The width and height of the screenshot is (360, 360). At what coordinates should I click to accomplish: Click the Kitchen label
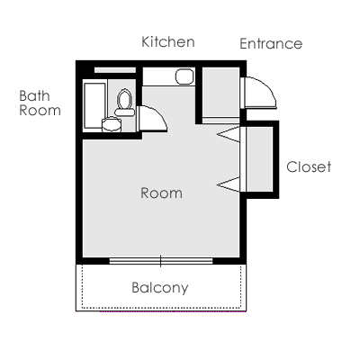(x=168, y=41)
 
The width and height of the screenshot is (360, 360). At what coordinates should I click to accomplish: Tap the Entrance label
(x=271, y=43)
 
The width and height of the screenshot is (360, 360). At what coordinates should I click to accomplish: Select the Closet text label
(x=309, y=166)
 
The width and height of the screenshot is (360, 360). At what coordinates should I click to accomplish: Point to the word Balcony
(x=160, y=287)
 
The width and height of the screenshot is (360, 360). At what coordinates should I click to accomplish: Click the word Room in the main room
(x=161, y=193)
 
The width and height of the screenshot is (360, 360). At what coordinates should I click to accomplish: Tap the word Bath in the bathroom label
(x=34, y=96)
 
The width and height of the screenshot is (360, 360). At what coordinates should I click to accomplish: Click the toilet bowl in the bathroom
(x=124, y=99)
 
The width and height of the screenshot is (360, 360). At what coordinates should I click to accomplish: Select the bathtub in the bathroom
(x=94, y=105)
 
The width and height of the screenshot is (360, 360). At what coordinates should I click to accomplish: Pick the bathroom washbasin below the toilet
(x=112, y=124)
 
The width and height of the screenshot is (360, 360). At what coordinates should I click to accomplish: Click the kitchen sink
(x=184, y=76)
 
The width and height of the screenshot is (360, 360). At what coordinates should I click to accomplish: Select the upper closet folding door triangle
(x=229, y=134)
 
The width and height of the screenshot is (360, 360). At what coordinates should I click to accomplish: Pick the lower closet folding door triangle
(x=229, y=184)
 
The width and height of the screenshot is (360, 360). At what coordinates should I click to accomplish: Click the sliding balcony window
(x=161, y=261)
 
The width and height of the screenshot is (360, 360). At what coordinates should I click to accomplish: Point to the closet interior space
(x=259, y=159)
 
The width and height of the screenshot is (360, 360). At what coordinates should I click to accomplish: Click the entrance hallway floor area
(x=220, y=92)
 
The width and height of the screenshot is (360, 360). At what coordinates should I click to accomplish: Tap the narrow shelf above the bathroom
(x=115, y=70)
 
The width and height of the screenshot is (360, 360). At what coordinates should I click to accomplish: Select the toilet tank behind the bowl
(x=124, y=112)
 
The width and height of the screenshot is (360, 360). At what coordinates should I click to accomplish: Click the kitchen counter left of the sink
(x=158, y=76)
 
